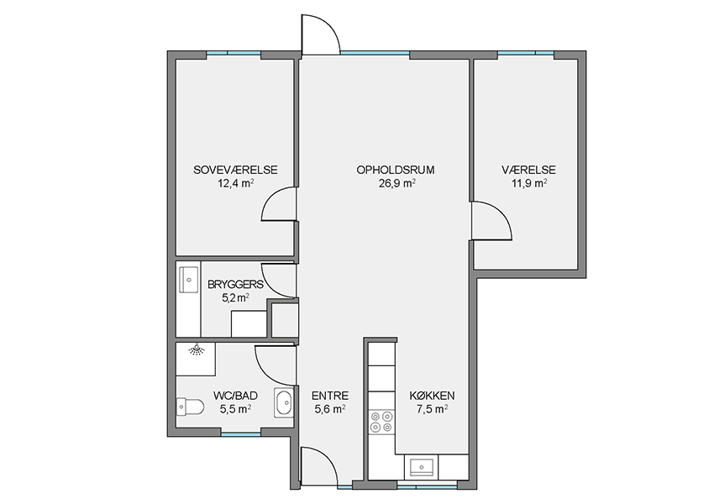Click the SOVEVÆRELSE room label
235,170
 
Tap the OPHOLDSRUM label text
396,170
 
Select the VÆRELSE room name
528,170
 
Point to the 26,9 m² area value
396,183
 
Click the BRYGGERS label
235,285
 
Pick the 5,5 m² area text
235,409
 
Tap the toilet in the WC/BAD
190,407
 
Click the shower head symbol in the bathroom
197,349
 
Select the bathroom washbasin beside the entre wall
284,402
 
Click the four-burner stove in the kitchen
381,421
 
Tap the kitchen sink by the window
421,468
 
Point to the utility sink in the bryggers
188,280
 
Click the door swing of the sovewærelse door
279,204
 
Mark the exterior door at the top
321,34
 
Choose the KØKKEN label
432,396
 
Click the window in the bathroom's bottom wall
241,434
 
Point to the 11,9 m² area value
528,183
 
